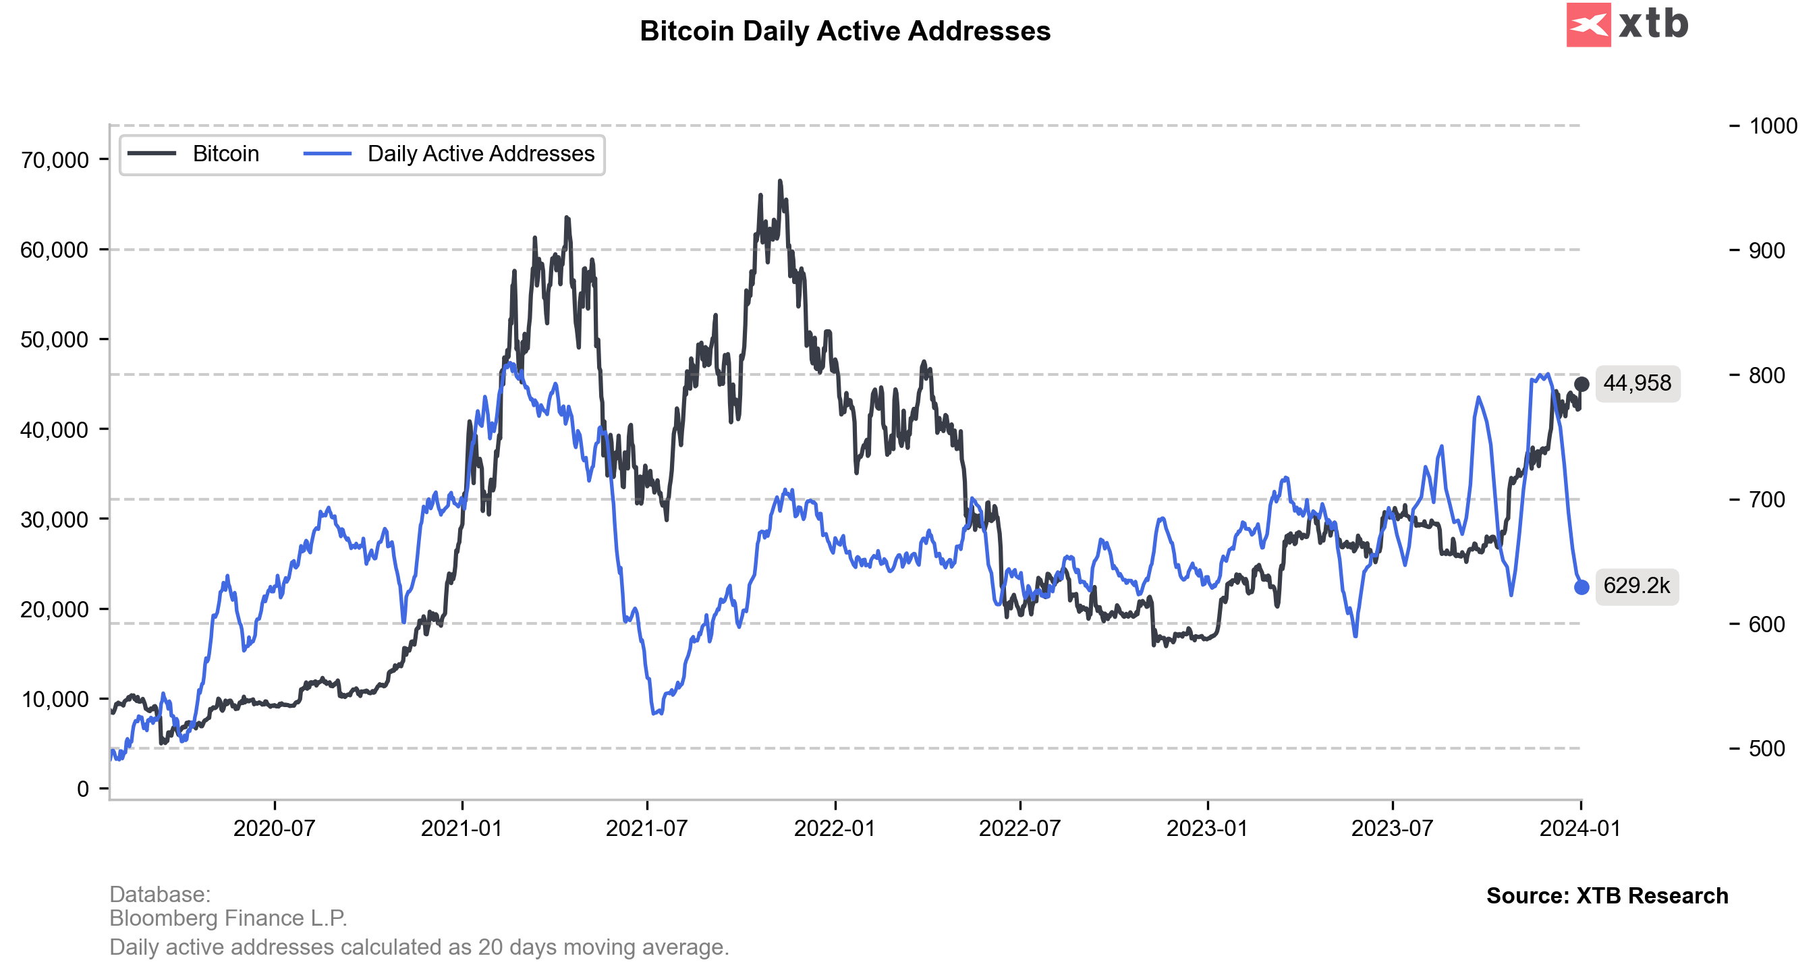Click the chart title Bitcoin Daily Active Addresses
(845, 31)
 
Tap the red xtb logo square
(1588, 25)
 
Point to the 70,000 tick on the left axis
(55, 161)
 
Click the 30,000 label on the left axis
(55, 520)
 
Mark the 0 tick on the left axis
(82, 789)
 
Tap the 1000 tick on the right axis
(1772, 126)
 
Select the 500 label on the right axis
(1767, 749)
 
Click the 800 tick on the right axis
(1767, 375)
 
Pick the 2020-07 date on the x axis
(274, 829)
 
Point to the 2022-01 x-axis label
(835, 829)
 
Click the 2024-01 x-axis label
(1580, 829)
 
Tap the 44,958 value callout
(1637, 383)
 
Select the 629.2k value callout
(1636, 586)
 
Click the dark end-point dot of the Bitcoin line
(1582, 385)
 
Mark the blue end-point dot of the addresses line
(1582, 587)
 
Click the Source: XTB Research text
(1607, 895)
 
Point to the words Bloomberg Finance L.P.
(228, 918)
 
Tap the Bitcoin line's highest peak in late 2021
(780, 181)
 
